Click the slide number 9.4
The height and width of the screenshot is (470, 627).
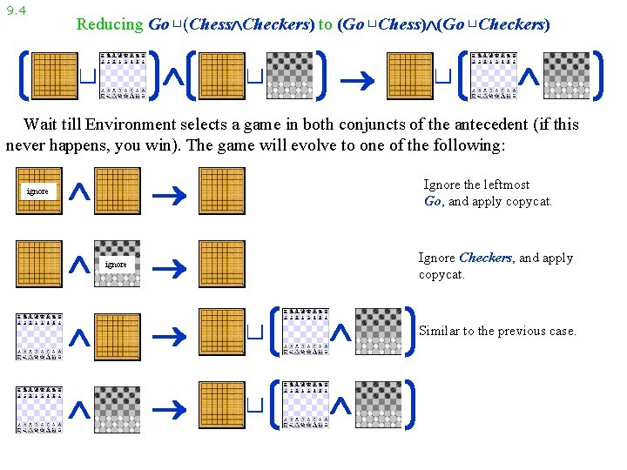coord(16,10)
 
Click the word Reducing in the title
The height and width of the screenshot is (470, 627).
coord(109,24)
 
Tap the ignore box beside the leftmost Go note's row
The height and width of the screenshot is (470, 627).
coord(37,191)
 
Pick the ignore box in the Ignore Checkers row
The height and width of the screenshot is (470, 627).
coord(116,264)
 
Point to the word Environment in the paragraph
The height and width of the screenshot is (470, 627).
coord(137,124)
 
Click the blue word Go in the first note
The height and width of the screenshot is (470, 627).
coord(433,201)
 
